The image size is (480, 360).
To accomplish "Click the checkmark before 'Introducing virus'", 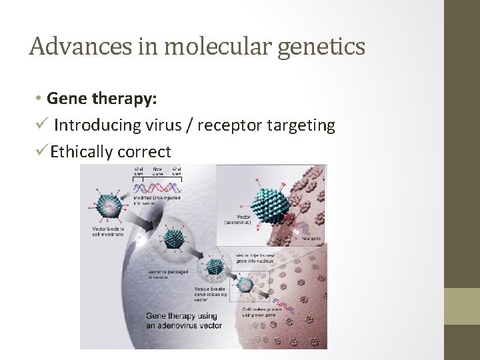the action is pos(41,125).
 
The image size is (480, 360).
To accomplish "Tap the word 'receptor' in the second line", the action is pos(235,125).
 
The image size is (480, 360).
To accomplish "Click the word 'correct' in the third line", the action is pos(144,152).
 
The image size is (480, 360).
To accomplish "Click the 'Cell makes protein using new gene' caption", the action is pos(262,312).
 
